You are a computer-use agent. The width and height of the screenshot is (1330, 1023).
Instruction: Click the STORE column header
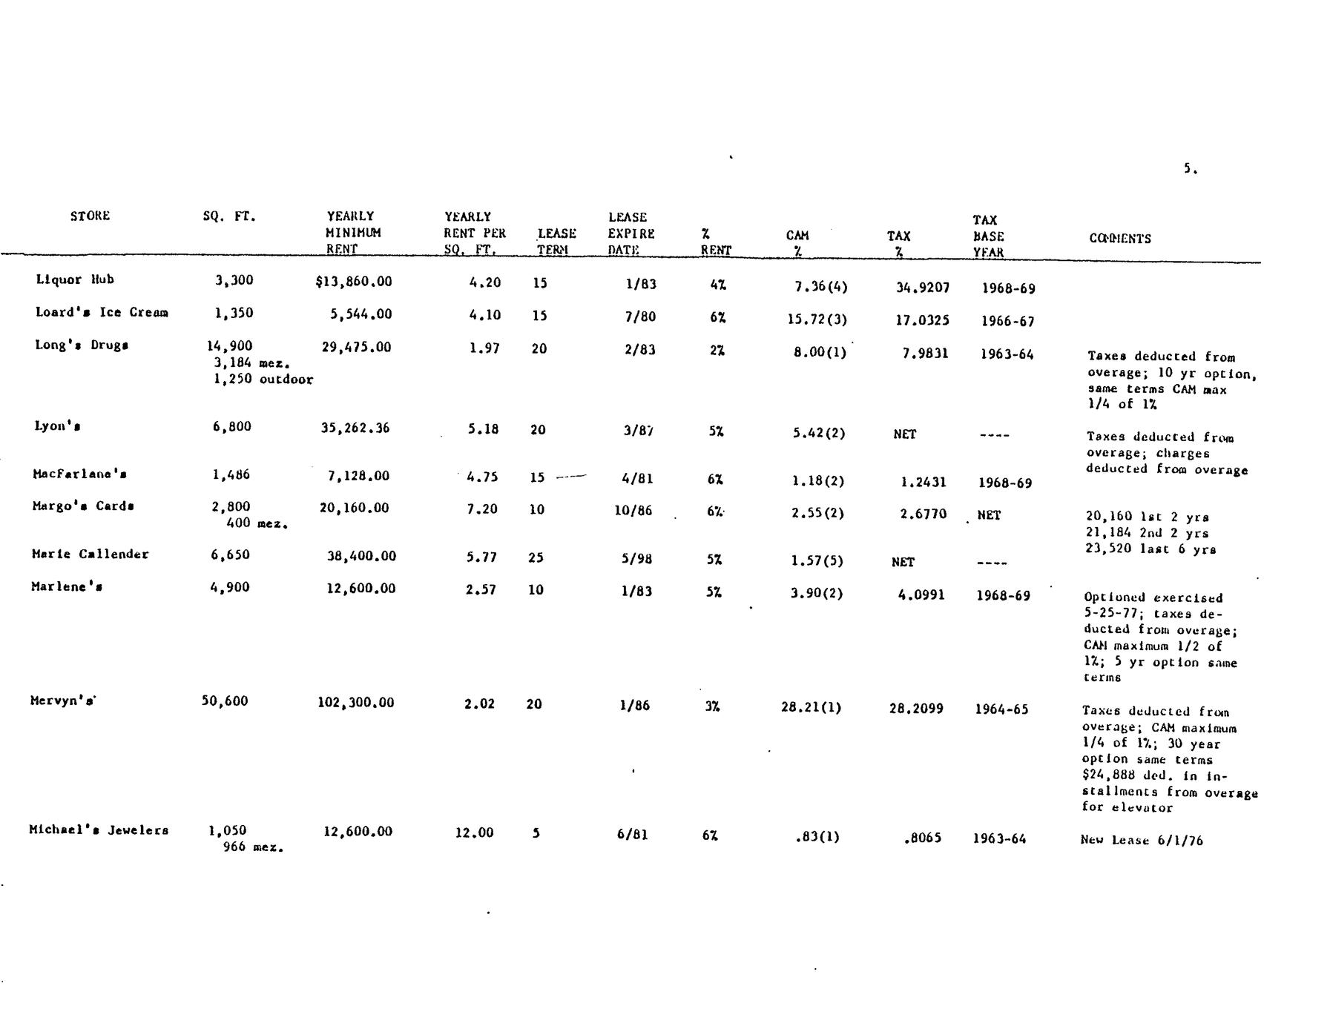[90, 216]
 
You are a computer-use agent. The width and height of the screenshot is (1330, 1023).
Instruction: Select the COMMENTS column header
[1119, 238]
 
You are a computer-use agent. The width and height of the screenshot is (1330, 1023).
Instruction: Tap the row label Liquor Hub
[75, 279]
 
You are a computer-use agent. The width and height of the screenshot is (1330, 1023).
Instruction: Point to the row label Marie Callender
[90, 554]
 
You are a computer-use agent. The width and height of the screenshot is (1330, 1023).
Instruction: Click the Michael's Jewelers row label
[99, 830]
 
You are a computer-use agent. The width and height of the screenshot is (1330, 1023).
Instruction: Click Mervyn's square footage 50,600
[225, 701]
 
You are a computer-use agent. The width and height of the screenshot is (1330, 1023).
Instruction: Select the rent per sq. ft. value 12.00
[474, 832]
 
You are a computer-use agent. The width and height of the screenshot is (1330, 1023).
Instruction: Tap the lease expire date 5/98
[636, 558]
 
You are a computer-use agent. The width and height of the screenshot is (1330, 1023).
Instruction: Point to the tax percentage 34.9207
[922, 288]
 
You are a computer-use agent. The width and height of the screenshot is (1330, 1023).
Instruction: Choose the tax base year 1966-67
[1007, 321]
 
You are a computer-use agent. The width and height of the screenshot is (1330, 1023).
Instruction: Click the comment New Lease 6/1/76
[1142, 840]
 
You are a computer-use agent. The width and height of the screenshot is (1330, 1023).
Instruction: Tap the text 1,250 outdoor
[263, 379]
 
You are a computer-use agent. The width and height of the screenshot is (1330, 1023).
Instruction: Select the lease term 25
[536, 557]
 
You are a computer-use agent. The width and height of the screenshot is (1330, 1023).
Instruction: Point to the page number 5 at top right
[1189, 169]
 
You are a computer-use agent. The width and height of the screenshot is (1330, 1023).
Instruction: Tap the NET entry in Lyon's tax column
[904, 434]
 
